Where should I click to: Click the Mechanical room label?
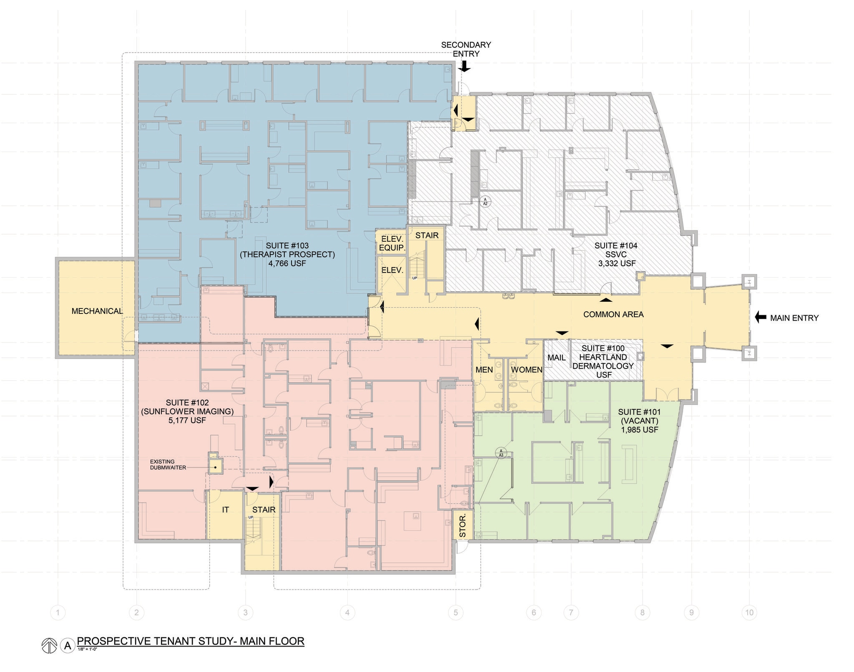[97, 311]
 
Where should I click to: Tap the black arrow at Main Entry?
[761, 318]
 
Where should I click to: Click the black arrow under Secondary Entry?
[465, 66]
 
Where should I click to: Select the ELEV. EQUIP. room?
[392, 243]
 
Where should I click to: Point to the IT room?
[225, 510]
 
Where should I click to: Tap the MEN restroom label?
[484, 370]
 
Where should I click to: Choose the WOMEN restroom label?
[526, 370]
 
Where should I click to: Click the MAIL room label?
[556, 358]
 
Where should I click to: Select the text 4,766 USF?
[287, 263]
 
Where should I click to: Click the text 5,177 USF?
[187, 420]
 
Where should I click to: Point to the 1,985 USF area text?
[639, 429]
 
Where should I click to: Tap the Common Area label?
[613, 314]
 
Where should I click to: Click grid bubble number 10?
[749, 613]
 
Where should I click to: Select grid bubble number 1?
[58, 613]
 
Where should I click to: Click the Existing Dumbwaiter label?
[168, 465]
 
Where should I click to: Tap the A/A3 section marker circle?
[501, 452]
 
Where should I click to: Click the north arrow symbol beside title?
[49, 646]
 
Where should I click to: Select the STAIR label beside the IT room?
[264, 510]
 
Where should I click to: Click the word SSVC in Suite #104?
[616, 255]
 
